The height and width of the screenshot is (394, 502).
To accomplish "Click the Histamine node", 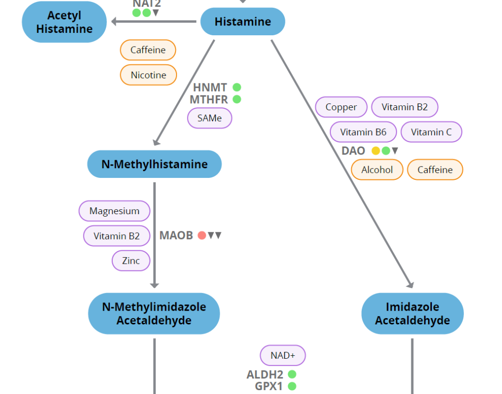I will [x=243, y=22].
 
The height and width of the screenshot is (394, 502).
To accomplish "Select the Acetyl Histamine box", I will [x=64, y=22].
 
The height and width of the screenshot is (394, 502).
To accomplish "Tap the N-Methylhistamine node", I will [x=154, y=164].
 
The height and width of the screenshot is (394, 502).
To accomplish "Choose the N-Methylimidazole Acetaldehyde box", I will [x=154, y=314].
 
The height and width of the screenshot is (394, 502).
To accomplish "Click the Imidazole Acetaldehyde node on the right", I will [x=412, y=314].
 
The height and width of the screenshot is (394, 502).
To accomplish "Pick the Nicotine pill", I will [x=148, y=75].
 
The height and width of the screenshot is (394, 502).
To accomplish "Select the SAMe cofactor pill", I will [x=209, y=118].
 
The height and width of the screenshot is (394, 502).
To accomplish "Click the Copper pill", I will [x=341, y=107].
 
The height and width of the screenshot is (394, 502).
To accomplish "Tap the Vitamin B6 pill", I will [x=363, y=132].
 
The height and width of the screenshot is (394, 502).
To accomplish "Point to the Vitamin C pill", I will [x=431, y=132].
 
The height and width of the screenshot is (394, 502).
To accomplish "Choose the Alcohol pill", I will [x=377, y=170].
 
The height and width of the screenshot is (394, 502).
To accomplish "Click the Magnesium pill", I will [x=114, y=211].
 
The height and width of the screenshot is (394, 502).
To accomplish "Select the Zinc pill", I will [x=131, y=261].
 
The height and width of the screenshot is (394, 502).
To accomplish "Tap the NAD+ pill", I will [x=282, y=355].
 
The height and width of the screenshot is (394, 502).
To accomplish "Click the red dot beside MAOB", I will [x=201, y=235].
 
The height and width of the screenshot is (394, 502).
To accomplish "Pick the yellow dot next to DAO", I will [x=376, y=151].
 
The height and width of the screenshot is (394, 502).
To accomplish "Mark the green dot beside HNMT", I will [x=237, y=87].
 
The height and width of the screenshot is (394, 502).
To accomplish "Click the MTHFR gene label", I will [x=209, y=99].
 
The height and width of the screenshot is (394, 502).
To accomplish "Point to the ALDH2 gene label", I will [x=265, y=375].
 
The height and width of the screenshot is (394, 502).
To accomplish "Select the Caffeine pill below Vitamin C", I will [x=435, y=170].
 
